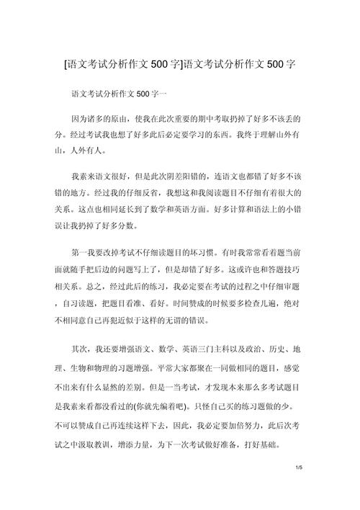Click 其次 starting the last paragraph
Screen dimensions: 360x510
78,348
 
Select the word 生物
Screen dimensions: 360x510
79,365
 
